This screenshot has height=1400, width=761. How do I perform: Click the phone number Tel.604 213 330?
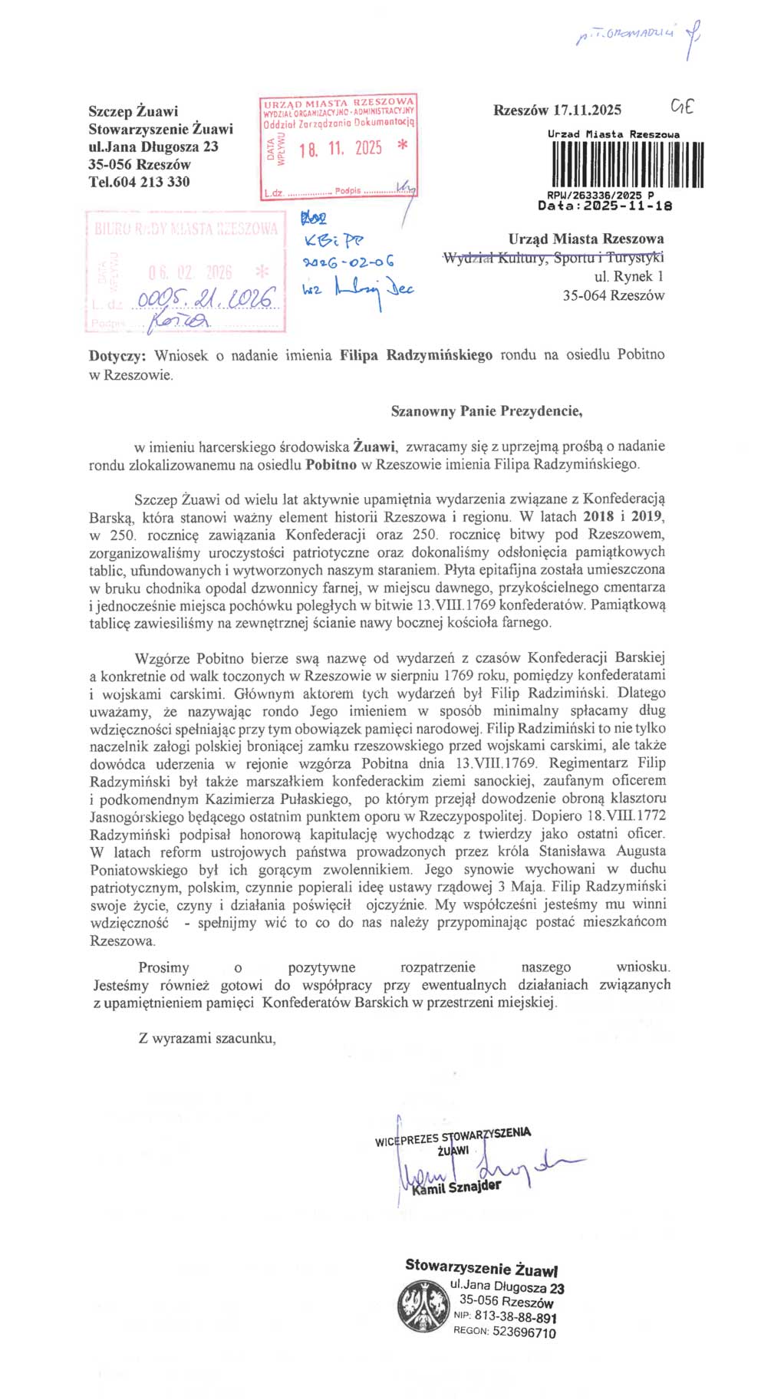pyautogui.click(x=139, y=182)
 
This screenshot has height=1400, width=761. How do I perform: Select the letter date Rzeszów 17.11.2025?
pyautogui.click(x=557, y=110)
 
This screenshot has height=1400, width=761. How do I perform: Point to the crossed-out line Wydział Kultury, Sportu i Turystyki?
pyautogui.click(x=553, y=259)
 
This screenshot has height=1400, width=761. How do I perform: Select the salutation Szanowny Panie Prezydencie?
pyautogui.click(x=486, y=411)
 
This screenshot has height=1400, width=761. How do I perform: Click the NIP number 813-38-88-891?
pyautogui.click(x=515, y=1317)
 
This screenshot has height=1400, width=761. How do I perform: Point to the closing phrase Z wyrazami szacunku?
pyautogui.click(x=206, y=1039)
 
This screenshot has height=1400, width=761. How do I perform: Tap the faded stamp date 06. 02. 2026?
pyautogui.click(x=190, y=272)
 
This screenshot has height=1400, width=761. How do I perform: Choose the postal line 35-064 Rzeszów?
pyautogui.click(x=613, y=295)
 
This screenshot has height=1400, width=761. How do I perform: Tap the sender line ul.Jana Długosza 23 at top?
pyautogui.click(x=153, y=147)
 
